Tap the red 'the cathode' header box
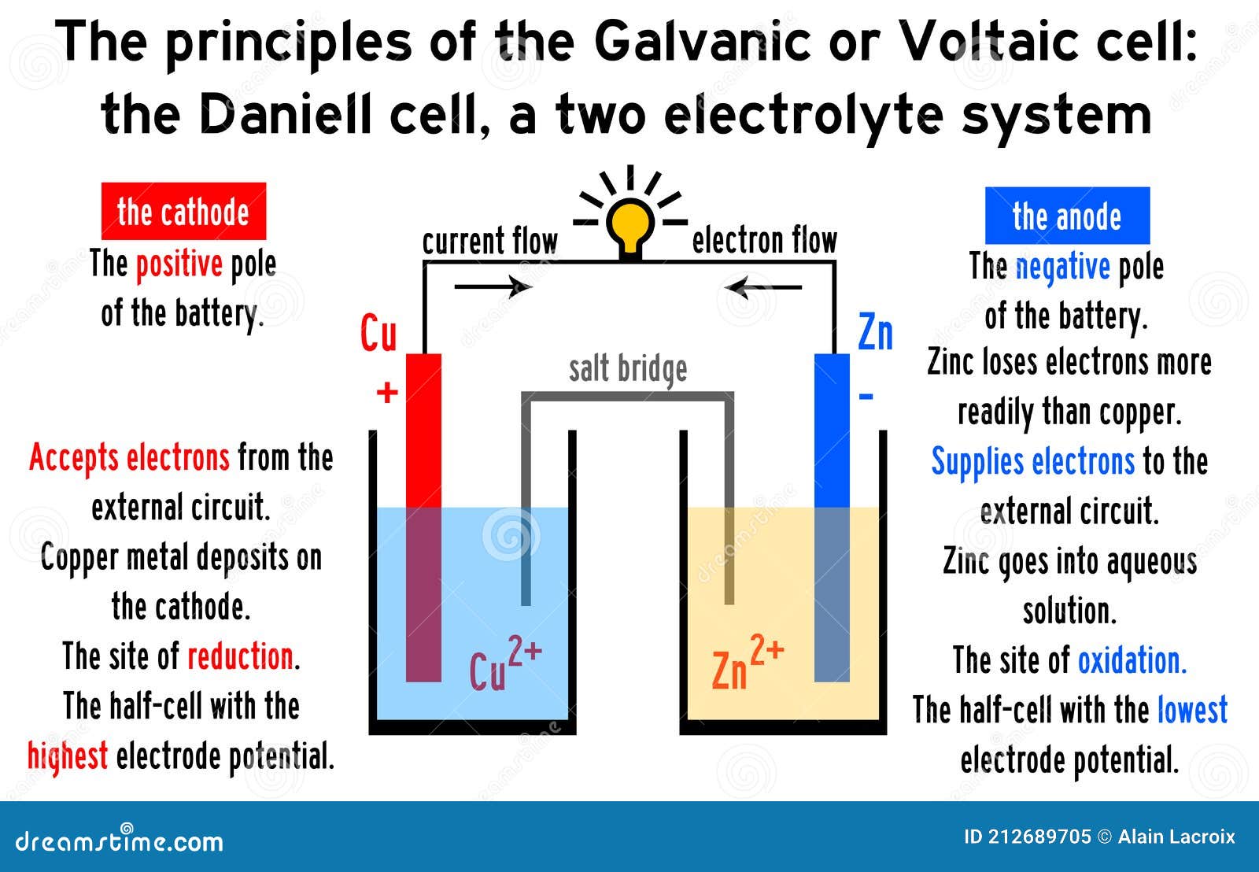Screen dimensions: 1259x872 click(x=183, y=211)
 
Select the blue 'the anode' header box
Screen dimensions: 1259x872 click(x=1067, y=216)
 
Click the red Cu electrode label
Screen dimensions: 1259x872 click(x=378, y=333)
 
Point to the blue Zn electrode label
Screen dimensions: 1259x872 click(x=875, y=332)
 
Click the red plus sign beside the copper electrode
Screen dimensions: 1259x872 click(x=387, y=392)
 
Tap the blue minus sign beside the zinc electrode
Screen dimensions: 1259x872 click(x=866, y=397)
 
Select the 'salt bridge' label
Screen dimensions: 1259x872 click(x=628, y=370)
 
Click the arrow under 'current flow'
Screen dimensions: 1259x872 click(x=493, y=286)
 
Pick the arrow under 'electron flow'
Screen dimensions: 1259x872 click(x=762, y=287)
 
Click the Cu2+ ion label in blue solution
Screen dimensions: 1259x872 click(x=505, y=664)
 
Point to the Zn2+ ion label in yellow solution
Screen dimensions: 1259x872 click(x=748, y=663)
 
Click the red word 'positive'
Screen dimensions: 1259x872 click(x=179, y=264)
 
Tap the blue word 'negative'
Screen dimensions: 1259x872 click(x=1063, y=267)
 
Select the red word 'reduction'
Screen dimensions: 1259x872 click(x=241, y=656)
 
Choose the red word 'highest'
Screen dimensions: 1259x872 click(x=68, y=756)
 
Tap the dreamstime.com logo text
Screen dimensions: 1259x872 click(x=119, y=841)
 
